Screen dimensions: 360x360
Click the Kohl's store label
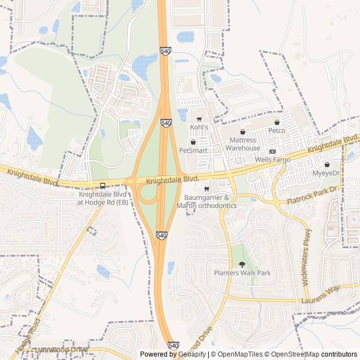tap(199, 128)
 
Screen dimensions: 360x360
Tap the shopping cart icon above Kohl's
tap(199, 119)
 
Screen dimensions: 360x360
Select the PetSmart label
tap(193, 151)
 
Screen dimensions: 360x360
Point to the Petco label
tap(277, 130)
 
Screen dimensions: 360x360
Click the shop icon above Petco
tap(277, 122)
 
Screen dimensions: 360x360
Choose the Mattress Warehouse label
tap(243, 144)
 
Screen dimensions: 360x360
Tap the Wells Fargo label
tap(272, 160)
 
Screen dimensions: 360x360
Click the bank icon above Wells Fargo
tap(272, 151)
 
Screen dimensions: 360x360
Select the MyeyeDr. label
tap(327, 173)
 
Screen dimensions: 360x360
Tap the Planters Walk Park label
tap(242, 273)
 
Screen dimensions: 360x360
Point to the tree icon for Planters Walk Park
tap(242, 264)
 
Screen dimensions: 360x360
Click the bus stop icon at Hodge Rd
tap(102, 186)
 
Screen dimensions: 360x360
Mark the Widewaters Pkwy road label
tap(307, 257)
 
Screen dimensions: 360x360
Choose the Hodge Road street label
tap(28, 337)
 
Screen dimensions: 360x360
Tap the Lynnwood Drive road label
tap(62, 350)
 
